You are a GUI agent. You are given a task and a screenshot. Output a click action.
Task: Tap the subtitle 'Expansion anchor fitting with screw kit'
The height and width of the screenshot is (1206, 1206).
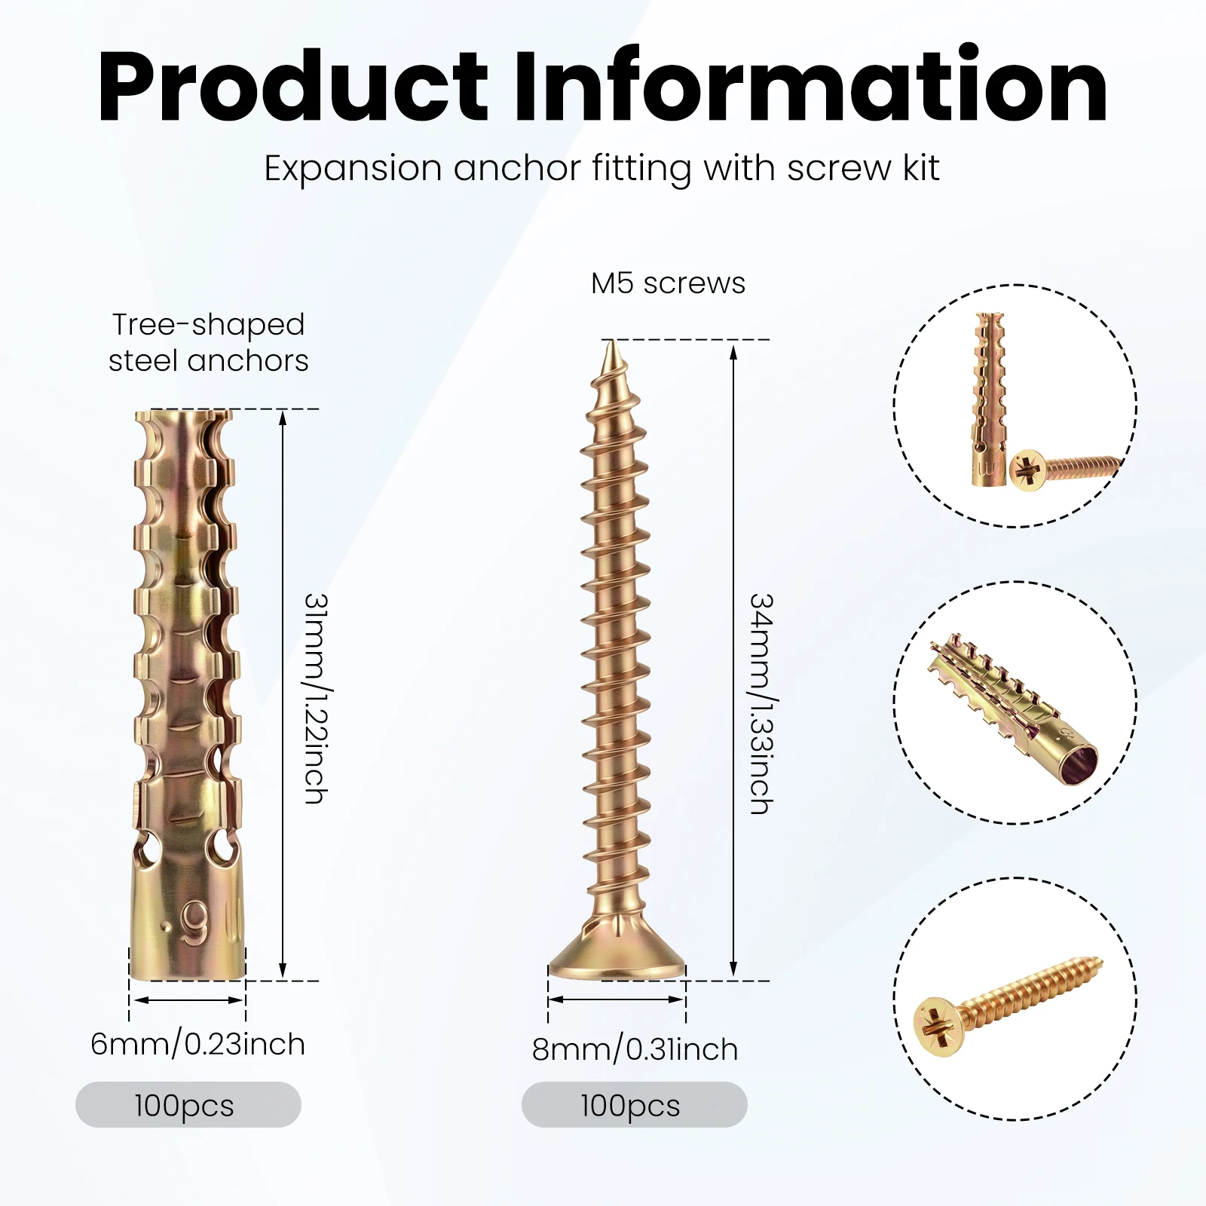pos(601,169)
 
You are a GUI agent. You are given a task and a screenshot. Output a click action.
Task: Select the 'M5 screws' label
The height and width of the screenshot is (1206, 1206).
pos(668,283)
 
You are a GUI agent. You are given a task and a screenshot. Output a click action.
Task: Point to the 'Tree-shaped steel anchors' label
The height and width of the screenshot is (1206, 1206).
pos(208,343)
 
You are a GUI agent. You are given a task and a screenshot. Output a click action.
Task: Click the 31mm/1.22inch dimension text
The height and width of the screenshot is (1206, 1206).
pos(316,698)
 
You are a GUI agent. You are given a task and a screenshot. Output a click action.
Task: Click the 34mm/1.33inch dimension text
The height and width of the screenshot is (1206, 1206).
pos(762,703)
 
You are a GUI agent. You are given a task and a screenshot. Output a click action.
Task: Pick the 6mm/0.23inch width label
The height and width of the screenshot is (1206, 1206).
pos(198,1044)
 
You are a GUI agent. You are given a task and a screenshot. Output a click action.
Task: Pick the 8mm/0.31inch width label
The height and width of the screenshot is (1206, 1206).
pos(635,1049)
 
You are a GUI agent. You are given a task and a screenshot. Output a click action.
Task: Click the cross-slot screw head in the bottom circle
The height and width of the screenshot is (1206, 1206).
pos(938,1026)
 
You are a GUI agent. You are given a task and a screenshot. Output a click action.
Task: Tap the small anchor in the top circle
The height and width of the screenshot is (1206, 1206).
pos(988,399)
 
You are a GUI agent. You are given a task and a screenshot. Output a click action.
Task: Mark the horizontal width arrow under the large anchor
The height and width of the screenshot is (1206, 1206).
pos(188,1000)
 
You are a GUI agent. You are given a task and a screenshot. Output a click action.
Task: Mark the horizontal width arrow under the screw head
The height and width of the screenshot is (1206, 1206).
pos(617,1000)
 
